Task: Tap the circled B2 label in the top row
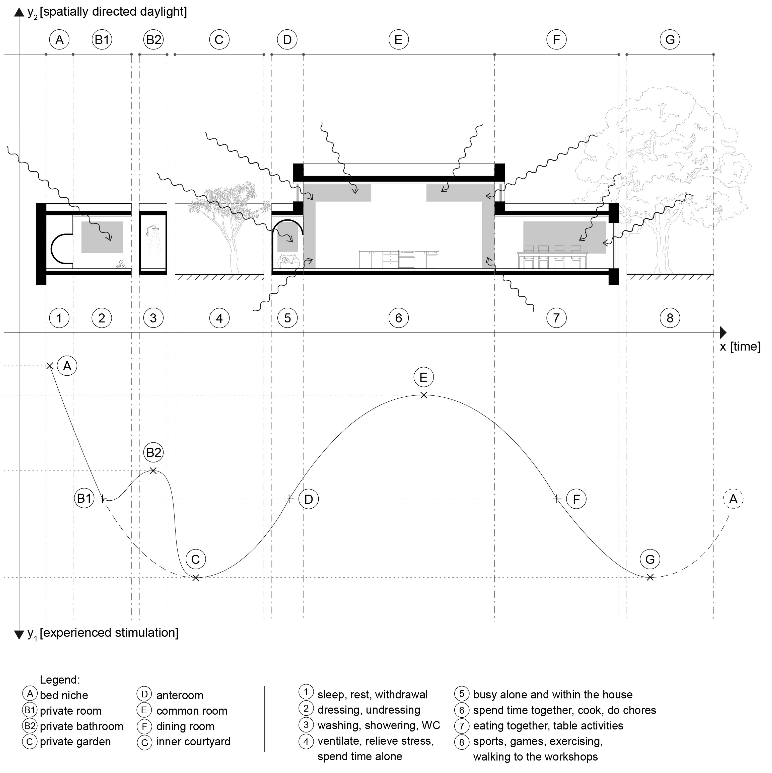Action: click(153, 40)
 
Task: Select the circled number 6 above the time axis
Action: click(398, 318)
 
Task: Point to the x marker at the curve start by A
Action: click(50, 366)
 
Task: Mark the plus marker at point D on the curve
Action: click(289, 499)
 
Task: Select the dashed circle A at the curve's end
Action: click(733, 499)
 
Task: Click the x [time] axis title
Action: click(740, 347)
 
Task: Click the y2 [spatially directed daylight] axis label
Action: click(107, 12)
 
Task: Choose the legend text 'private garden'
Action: click(75, 741)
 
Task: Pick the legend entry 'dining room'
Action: click(185, 726)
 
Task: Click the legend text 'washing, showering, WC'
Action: click(378, 725)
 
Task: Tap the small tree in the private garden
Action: click(228, 224)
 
